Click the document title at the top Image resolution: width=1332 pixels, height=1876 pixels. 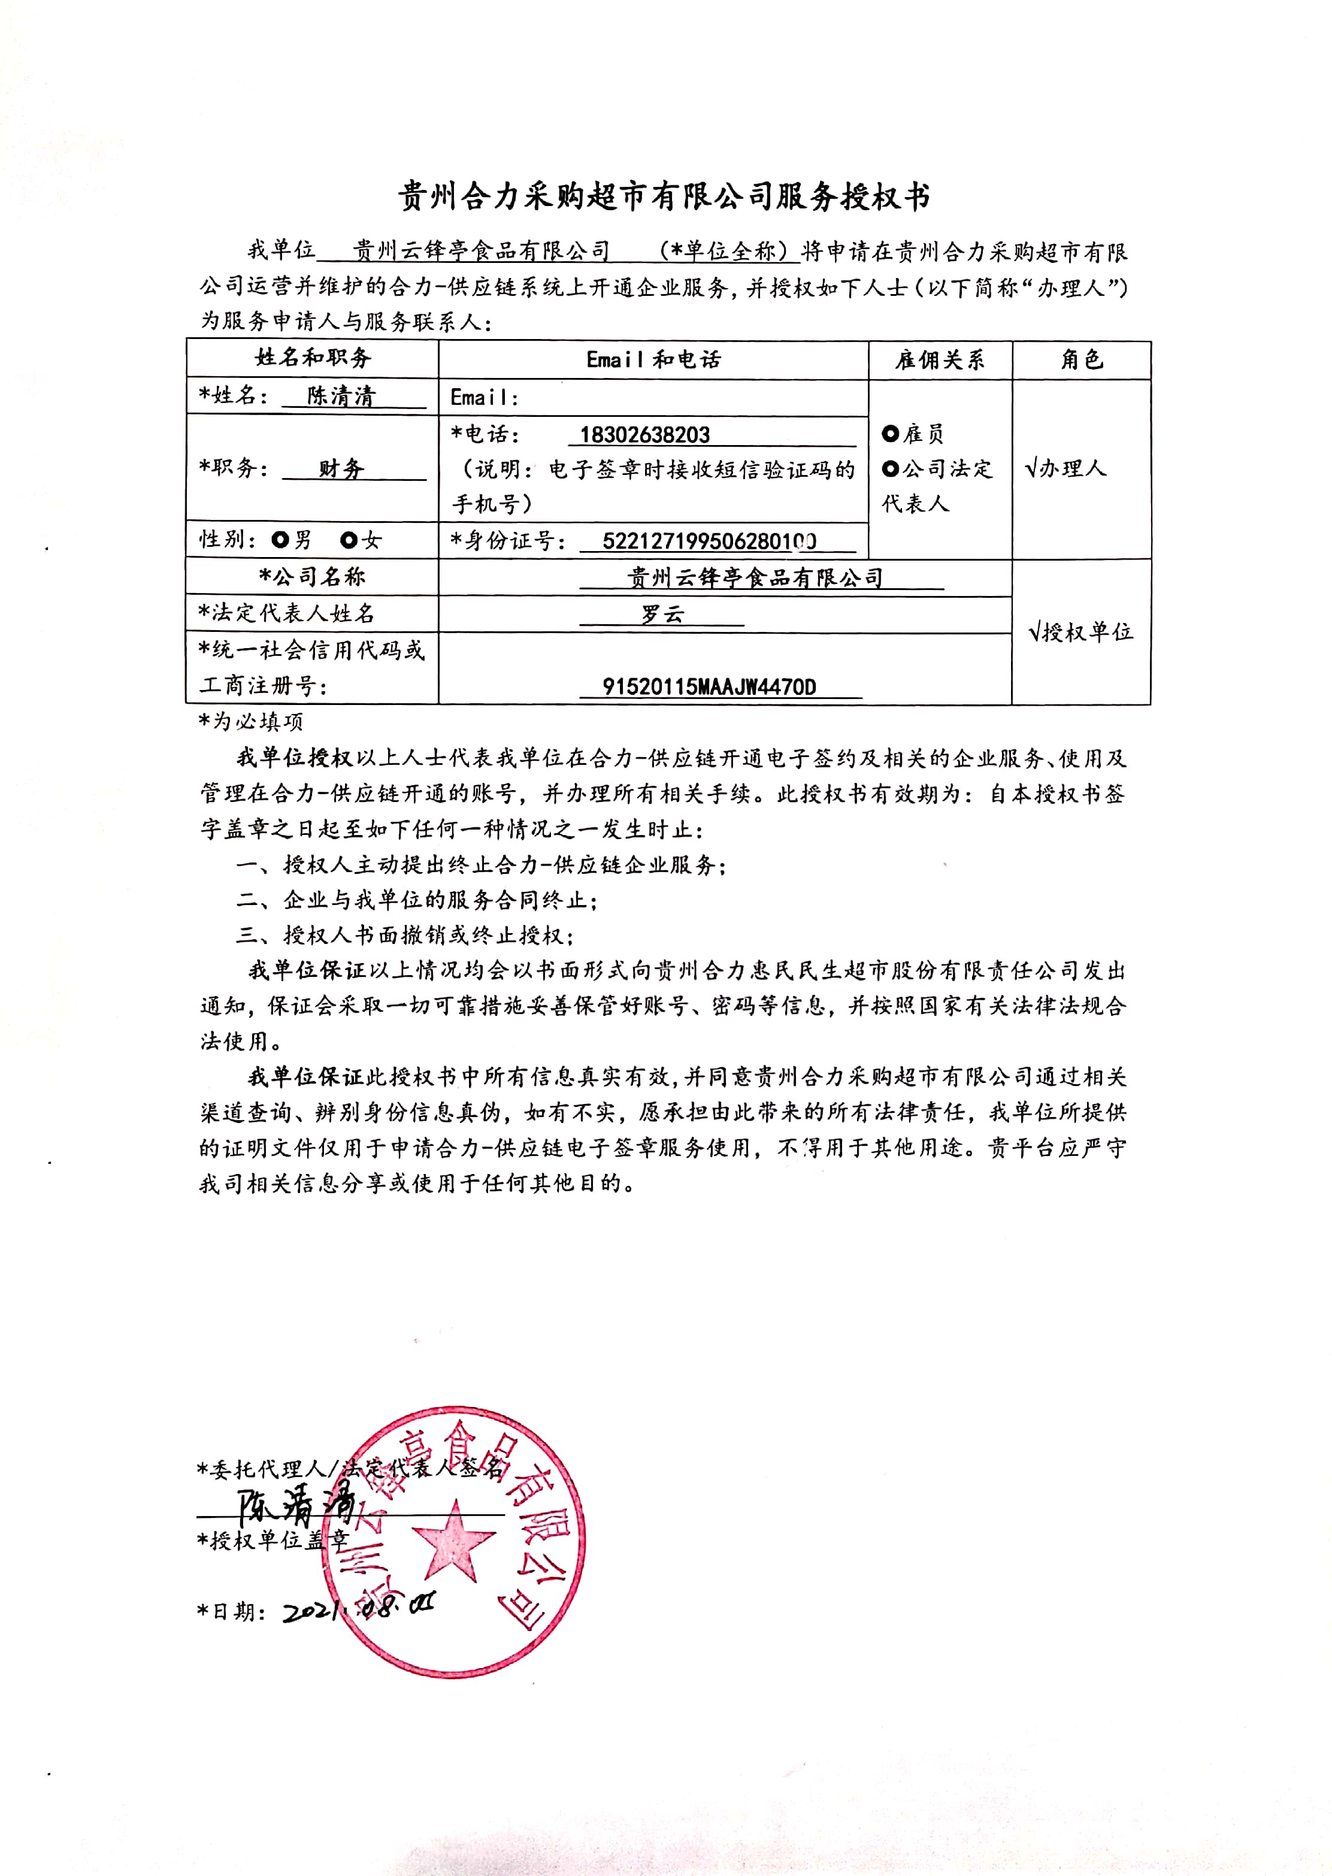(x=664, y=198)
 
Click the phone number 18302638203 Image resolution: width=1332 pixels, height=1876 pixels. (x=644, y=435)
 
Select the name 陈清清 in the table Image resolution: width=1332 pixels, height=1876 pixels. (x=341, y=396)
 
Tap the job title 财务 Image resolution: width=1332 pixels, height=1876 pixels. (x=341, y=468)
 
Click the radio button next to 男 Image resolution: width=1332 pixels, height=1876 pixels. (x=280, y=540)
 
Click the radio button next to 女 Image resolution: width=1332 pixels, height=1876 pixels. (x=349, y=540)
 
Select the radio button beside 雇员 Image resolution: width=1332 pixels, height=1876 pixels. (x=891, y=433)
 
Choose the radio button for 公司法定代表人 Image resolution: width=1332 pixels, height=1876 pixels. (x=891, y=469)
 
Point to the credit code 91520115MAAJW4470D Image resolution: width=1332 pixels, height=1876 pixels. (x=710, y=686)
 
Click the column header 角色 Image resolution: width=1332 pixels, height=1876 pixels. (x=1081, y=359)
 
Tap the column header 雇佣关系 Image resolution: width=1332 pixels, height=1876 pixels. (x=940, y=359)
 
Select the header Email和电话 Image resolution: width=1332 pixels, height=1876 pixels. (x=653, y=359)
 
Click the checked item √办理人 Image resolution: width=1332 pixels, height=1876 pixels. (x=1065, y=468)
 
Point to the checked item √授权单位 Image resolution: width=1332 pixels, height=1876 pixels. (x=1080, y=631)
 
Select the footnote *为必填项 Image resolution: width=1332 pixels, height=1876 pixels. (x=251, y=722)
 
